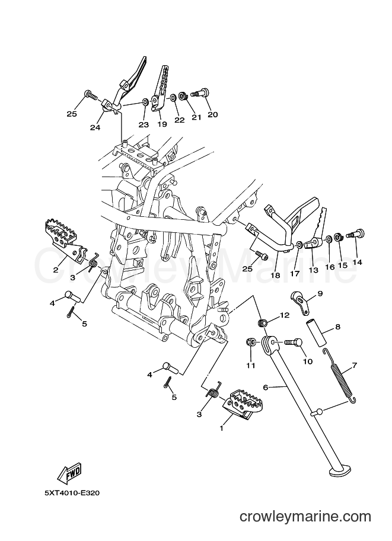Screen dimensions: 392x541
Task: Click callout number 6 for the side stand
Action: (x=266, y=388)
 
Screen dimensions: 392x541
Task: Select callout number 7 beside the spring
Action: (x=355, y=364)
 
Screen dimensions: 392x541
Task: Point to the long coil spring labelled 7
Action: (x=340, y=376)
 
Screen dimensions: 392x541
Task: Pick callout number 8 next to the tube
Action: (x=338, y=326)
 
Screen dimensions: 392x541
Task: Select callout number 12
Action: (x=285, y=315)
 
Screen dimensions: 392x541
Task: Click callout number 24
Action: (x=95, y=127)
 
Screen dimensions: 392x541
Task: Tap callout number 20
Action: (x=213, y=114)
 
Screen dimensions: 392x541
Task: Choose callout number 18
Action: (x=275, y=276)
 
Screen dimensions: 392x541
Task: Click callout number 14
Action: (x=357, y=263)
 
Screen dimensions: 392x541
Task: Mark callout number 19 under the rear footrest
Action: (x=162, y=124)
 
